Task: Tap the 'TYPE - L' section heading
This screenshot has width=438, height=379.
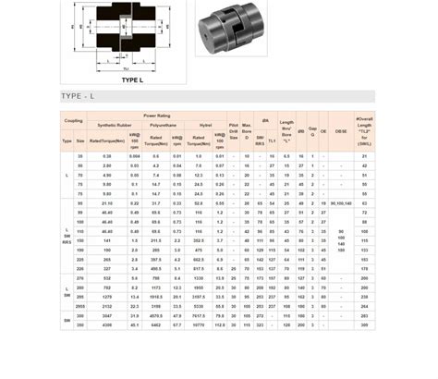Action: [x=79, y=96]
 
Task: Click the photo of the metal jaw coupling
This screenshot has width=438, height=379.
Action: [x=232, y=36]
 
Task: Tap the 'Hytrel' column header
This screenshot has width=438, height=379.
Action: [x=204, y=124]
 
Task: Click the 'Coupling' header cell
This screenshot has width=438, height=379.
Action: [x=73, y=120]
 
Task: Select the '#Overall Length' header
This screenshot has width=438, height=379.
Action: [x=364, y=128]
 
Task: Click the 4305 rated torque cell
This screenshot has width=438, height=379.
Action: [x=107, y=325]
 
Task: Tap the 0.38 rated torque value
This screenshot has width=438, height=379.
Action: [x=107, y=156]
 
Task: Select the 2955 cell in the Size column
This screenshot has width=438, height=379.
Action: [x=80, y=304]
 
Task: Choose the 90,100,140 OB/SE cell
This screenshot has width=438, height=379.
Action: [x=341, y=202]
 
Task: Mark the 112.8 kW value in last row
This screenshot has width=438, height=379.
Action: [x=220, y=325]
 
